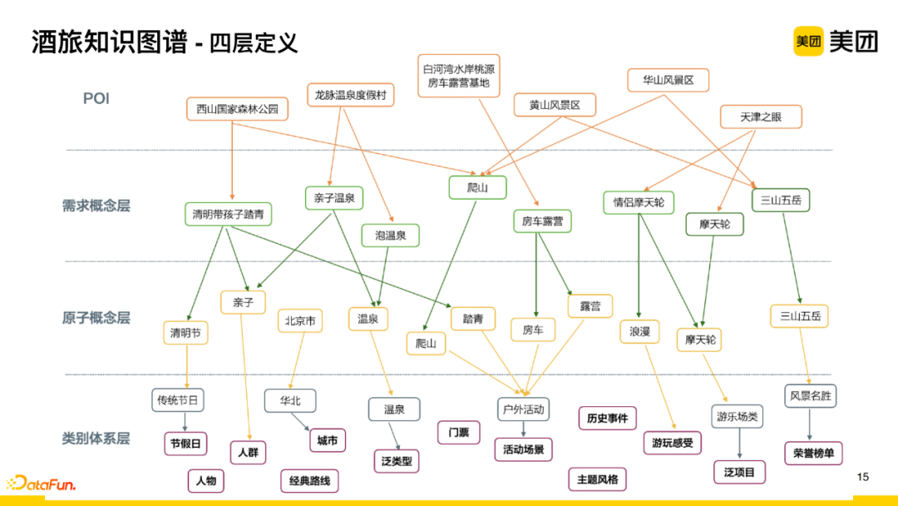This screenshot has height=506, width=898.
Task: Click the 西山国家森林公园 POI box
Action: (x=237, y=109)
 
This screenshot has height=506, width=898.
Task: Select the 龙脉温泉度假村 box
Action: (x=350, y=95)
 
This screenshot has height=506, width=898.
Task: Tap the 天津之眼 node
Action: (x=761, y=117)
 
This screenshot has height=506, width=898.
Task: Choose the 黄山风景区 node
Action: (x=555, y=106)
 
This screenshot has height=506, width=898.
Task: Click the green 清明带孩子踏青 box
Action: (x=227, y=214)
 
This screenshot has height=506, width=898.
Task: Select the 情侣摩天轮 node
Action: (x=639, y=202)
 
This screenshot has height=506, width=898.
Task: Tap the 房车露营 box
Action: (x=542, y=221)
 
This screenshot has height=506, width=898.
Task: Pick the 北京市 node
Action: (x=299, y=321)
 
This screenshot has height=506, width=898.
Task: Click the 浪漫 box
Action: (x=639, y=332)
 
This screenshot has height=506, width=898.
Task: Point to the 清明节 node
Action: (x=185, y=334)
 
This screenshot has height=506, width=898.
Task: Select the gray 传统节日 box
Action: (x=178, y=400)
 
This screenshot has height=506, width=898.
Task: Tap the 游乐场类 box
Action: (x=736, y=417)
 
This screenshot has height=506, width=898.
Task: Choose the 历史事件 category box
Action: (x=607, y=418)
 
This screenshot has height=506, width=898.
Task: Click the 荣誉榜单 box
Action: (x=813, y=454)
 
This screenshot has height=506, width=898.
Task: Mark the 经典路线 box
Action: (x=309, y=481)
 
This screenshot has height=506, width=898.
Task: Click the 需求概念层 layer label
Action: (x=96, y=206)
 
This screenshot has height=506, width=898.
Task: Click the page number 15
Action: (x=862, y=477)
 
